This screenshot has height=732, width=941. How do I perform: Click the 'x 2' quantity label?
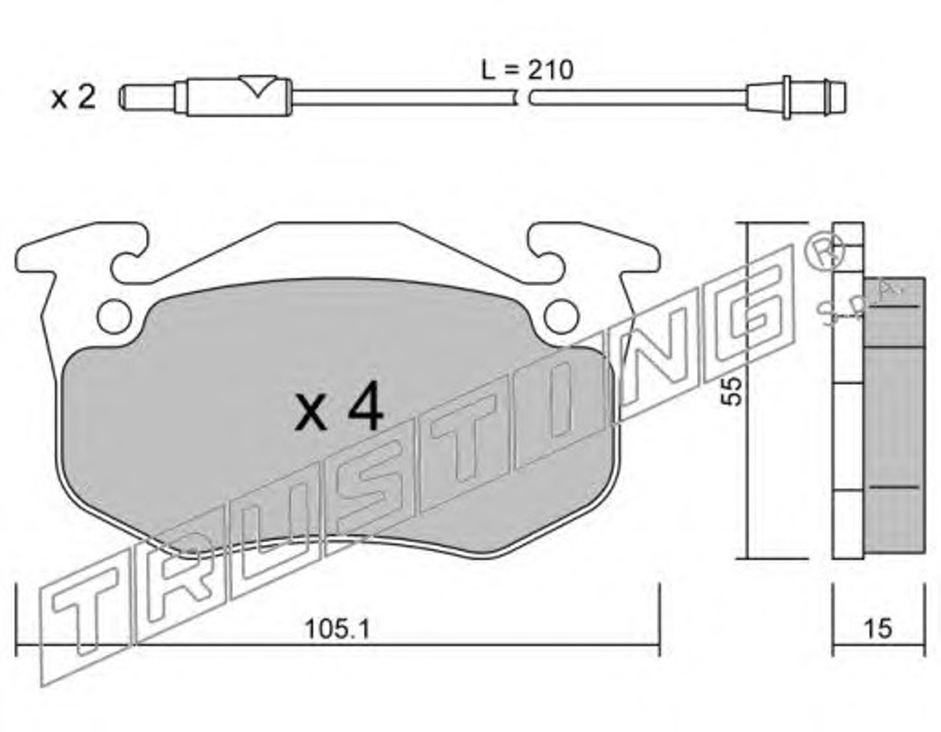pos(74,97)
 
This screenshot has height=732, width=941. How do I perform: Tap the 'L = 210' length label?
pos(528,70)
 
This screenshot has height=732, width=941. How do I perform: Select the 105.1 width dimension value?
pos(337,630)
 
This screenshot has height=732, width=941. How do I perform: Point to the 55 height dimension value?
pos(731,391)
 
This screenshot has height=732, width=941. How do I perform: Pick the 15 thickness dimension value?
pos(878,629)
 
